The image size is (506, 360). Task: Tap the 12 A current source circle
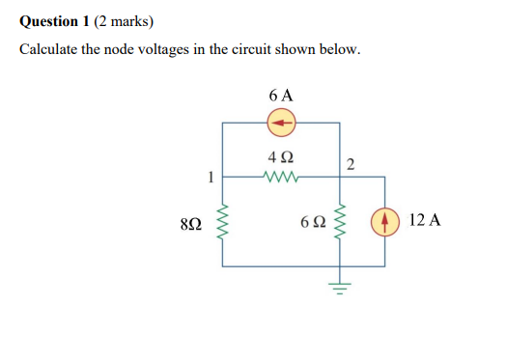point(386,221)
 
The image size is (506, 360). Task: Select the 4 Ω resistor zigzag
point(281,177)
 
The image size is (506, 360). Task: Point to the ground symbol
point(340,283)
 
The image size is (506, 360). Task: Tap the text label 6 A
point(281,96)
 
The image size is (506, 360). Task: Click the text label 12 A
point(425,220)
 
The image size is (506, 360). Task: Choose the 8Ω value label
point(191,223)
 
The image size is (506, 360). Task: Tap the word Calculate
point(49,49)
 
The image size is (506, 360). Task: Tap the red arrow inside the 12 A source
point(386,221)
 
